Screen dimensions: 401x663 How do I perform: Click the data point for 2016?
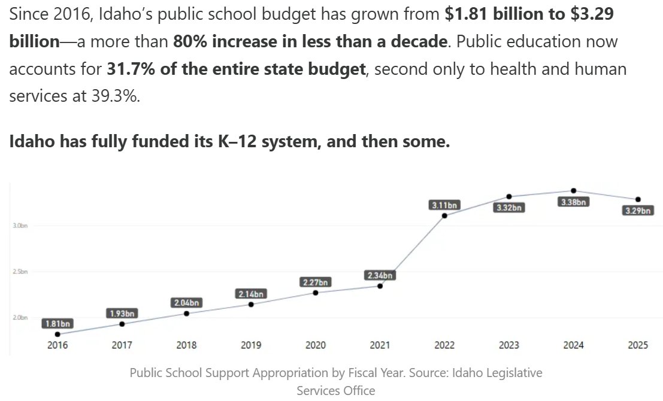[57, 334]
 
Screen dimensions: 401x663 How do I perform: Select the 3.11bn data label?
[444, 205]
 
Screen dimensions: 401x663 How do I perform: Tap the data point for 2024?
[574, 190]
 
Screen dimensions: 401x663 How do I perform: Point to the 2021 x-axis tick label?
[380, 345]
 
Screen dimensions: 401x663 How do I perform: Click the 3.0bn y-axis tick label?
[20, 226]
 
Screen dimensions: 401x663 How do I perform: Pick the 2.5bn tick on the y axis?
[20, 272]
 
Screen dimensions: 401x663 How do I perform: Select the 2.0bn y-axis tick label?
[20, 318]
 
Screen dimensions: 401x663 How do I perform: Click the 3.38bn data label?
[574, 202]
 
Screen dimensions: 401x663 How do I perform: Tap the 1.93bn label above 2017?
[122, 313]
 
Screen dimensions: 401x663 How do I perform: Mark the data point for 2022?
[444, 215]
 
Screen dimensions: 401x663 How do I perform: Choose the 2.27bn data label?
[315, 282]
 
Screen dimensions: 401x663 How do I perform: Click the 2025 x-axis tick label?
[638, 345]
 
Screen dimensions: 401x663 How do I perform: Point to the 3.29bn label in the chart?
[638, 211]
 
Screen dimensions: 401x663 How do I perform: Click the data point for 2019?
[251, 304]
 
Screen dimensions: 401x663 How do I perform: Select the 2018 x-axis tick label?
[186, 345]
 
